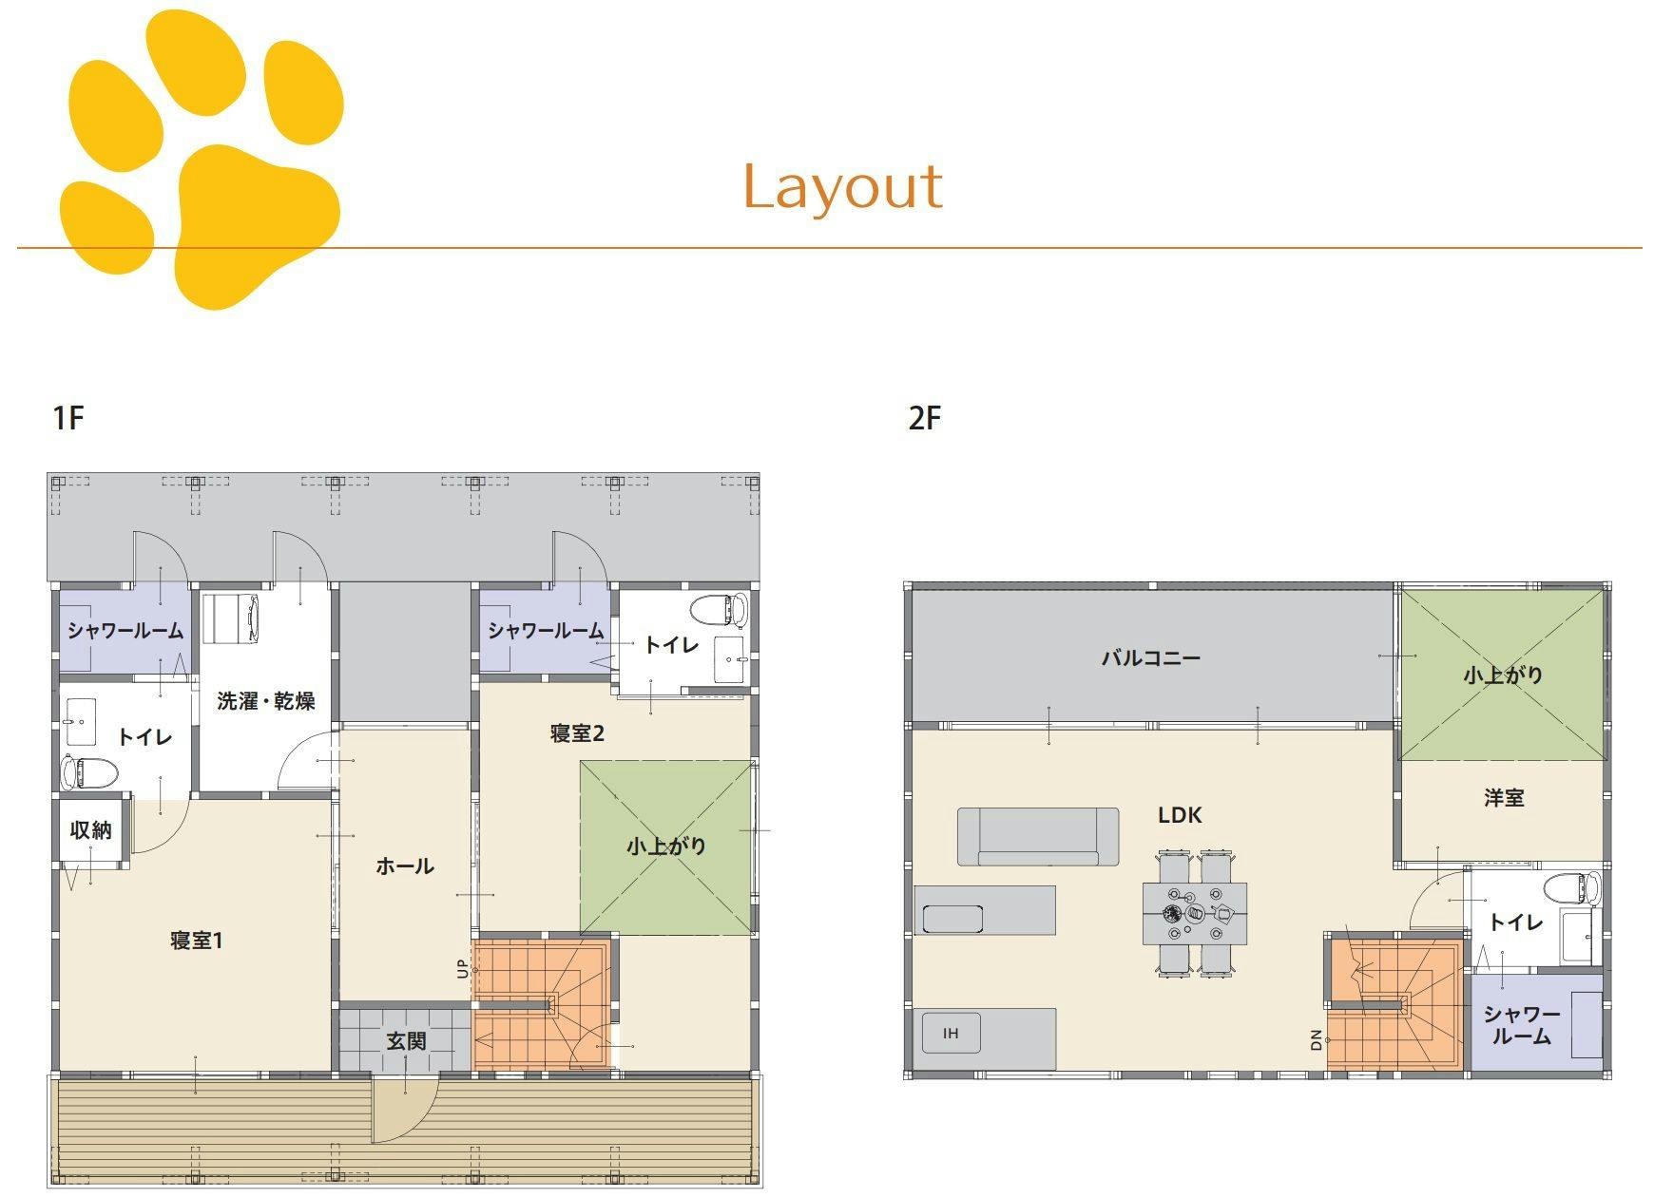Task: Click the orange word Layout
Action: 842,187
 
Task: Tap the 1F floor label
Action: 68,418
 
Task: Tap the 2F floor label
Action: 924,418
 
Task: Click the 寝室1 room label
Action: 197,941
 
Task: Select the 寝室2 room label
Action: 577,733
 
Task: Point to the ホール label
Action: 405,865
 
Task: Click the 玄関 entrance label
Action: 406,1041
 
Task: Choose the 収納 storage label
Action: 91,830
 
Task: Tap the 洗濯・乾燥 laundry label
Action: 266,701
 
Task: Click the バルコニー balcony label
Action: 1151,657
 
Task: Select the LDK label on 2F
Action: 1180,815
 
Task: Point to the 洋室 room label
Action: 1504,798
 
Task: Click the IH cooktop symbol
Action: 952,1034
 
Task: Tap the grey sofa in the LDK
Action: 1037,837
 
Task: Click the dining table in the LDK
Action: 1195,914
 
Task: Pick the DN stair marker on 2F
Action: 1317,1040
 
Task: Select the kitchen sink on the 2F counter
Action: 952,919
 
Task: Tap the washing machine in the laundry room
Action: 232,618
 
